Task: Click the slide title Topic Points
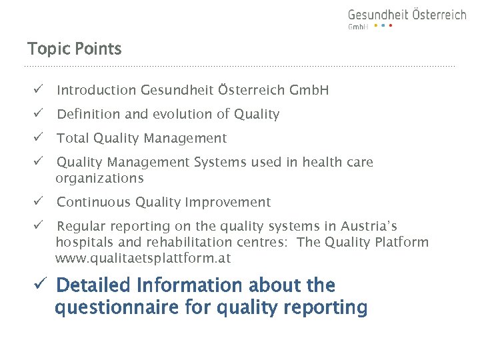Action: coord(74,49)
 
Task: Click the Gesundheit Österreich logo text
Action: coord(407,15)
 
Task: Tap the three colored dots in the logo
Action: coord(383,26)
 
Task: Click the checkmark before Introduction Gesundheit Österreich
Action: coord(39,90)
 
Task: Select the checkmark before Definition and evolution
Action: coord(39,114)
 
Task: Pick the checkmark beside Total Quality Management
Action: coord(39,138)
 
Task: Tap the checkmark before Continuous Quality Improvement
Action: coord(39,202)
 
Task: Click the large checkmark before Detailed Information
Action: coord(40,285)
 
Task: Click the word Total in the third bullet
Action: coord(73,138)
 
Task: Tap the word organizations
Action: coord(99,179)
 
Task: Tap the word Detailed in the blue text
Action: coord(94,285)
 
